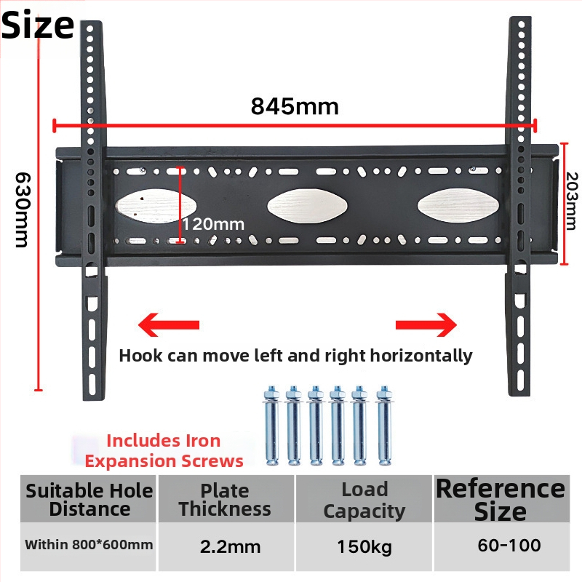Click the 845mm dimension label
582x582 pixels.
pos(295,106)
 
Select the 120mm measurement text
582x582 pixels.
pos(212,224)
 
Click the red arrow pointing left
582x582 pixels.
pos(168,322)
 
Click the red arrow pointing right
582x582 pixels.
pos(426,322)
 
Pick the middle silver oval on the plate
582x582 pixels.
pos(300,206)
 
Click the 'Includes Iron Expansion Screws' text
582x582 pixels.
pos(164,450)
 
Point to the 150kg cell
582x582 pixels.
pos(364,546)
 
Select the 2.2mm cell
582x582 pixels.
pos(226,546)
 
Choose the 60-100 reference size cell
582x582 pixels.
pos(500,546)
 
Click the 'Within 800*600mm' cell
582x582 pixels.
pos(89,544)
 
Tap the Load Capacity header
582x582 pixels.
pos(364,500)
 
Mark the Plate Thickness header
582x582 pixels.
pos(225,500)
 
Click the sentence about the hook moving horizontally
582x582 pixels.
pos(295,356)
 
